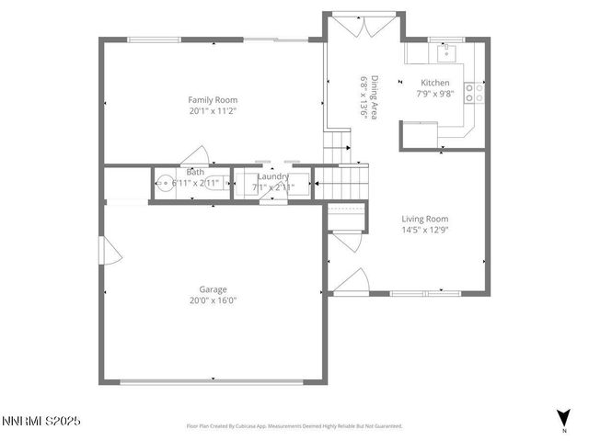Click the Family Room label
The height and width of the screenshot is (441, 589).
point(213,99)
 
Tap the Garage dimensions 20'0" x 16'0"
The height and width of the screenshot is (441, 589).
point(213,300)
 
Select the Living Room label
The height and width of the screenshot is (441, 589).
point(424,219)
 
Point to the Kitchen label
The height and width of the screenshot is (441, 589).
point(435,82)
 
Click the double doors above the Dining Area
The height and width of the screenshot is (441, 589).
point(355,27)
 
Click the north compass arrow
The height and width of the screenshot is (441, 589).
point(563,416)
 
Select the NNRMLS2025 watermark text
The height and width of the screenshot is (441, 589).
point(41,421)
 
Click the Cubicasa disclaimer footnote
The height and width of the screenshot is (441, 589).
point(294,426)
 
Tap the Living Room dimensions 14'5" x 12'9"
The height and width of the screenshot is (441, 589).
point(424,231)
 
